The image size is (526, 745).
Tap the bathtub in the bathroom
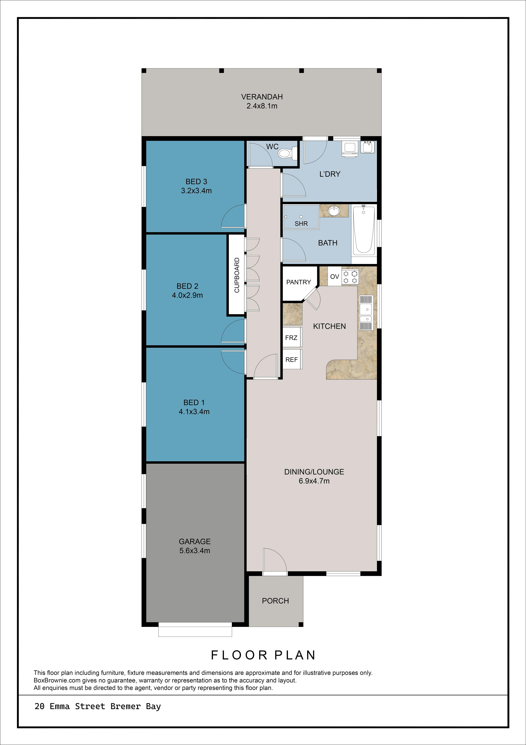pyautogui.click(x=364, y=230)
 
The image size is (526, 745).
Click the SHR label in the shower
pyautogui.click(x=301, y=224)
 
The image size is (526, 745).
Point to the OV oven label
pyautogui.click(x=334, y=276)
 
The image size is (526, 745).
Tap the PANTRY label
pyautogui.click(x=299, y=282)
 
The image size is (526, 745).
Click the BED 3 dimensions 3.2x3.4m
pyautogui.click(x=196, y=191)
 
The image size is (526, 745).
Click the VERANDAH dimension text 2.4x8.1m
pyautogui.click(x=262, y=106)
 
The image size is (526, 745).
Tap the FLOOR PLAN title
pyautogui.click(x=263, y=655)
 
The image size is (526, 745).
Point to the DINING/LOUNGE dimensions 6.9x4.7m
pyautogui.click(x=314, y=481)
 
